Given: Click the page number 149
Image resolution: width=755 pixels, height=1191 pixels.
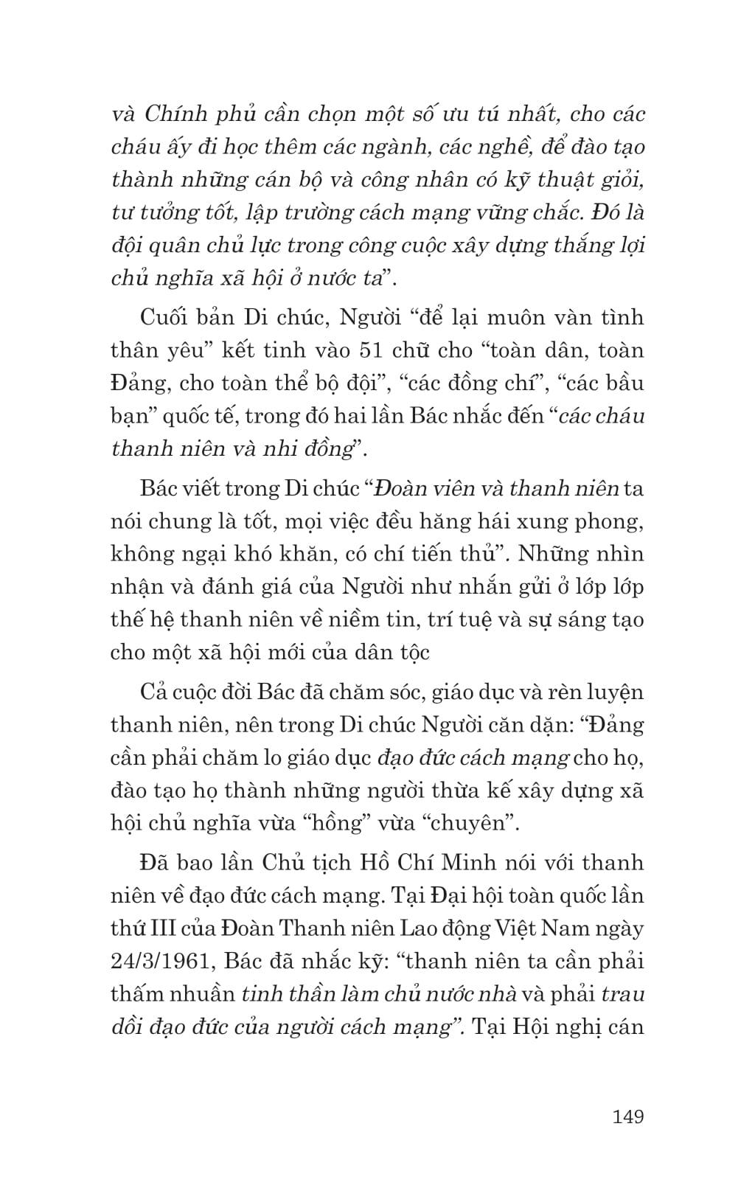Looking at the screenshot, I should (x=627, y=1116).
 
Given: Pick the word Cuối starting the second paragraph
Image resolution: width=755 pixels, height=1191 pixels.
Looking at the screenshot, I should (x=161, y=317).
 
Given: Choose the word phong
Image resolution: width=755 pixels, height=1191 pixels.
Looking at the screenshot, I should (x=608, y=521).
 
